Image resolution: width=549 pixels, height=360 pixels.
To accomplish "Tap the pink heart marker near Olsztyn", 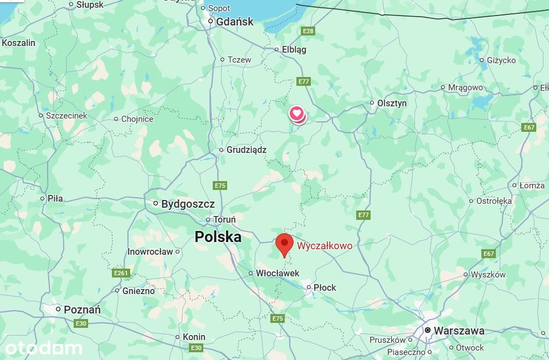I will pyautogui.click(x=297, y=114).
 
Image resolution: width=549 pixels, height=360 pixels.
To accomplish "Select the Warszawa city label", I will pyautogui.click(x=459, y=331).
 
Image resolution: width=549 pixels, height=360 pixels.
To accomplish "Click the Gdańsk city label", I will pyautogui.click(x=235, y=22).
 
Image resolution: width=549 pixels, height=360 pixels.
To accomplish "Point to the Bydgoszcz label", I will pyautogui.click(x=188, y=204).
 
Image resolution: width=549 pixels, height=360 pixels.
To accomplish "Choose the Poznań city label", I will pyautogui.click(x=82, y=310).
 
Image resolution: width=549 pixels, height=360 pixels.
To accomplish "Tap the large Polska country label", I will pyautogui.click(x=218, y=237).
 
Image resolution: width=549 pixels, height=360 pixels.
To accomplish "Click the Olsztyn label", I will pyautogui.click(x=392, y=103).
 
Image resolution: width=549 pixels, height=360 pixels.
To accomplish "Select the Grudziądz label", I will pyautogui.click(x=247, y=150).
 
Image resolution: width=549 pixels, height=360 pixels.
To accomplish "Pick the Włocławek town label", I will pyautogui.click(x=278, y=273).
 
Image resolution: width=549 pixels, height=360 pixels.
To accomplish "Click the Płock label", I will pyautogui.click(x=325, y=287).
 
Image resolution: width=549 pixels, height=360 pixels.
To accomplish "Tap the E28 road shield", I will pyautogui.click(x=308, y=31).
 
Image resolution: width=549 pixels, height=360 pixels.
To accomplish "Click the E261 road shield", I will pyautogui.click(x=121, y=273).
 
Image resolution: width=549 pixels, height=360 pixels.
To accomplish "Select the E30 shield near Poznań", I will pyautogui.click(x=81, y=323).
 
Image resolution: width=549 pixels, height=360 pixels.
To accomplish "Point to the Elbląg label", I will pyautogui.click(x=294, y=49).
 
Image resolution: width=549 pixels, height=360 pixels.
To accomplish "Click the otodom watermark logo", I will pyautogui.click(x=43, y=348).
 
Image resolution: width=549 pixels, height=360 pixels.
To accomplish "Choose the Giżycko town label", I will pyautogui.click(x=501, y=60).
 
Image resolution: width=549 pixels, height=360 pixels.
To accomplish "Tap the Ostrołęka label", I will pyautogui.click(x=494, y=201).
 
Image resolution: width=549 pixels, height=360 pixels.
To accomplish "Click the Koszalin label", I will pyautogui.click(x=19, y=43).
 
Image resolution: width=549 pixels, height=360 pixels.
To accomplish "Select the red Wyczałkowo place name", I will pyautogui.click(x=325, y=246).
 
